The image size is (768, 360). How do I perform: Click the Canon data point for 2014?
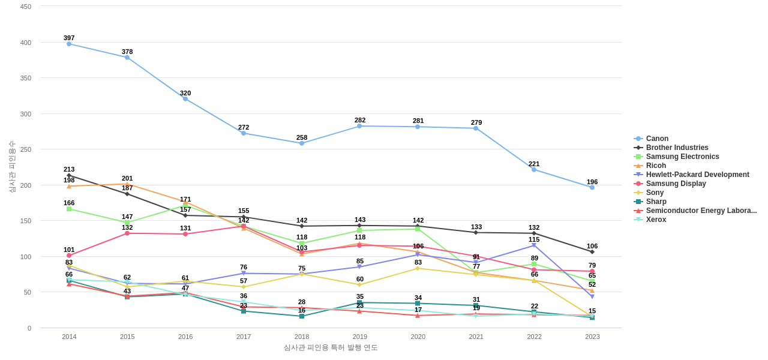(69, 44)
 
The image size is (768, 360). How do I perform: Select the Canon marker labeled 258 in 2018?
(302, 143)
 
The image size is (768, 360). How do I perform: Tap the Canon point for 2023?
(592, 188)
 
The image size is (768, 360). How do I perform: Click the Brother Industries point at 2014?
(69, 176)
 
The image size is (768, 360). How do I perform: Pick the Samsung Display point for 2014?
(69, 256)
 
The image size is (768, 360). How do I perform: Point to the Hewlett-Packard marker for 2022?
(534, 245)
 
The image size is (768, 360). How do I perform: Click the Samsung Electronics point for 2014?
(69, 209)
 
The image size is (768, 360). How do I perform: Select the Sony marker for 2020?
(418, 268)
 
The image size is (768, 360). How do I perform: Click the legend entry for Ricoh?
(656, 166)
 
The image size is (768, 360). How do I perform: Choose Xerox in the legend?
(656, 220)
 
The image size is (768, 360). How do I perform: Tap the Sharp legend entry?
(656, 202)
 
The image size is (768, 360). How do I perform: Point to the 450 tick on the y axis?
(26, 7)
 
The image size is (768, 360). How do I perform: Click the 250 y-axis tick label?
(26, 149)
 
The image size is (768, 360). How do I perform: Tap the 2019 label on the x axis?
(360, 337)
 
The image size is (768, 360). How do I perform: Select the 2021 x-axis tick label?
(476, 337)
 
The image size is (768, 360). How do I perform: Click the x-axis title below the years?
(331, 347)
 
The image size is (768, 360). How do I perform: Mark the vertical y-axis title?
(12, 167)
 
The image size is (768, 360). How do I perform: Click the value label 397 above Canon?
(69, 38)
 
